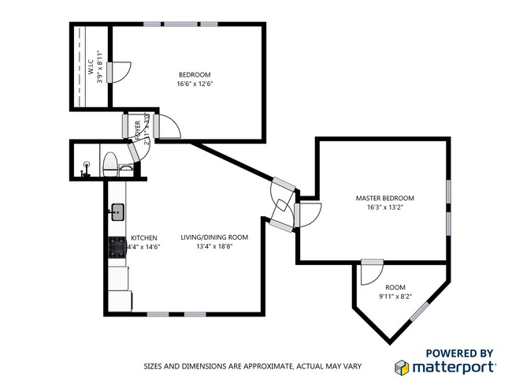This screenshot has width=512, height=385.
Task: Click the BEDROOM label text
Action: (x=193, y=75)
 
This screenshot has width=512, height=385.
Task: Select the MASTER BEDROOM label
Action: (x=384, y=198)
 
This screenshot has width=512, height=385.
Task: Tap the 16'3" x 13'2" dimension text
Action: (x=384, y=208)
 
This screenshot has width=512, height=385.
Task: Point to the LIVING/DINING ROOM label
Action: (x=214, y=237)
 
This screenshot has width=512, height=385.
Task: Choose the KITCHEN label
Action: (x=144, y=237)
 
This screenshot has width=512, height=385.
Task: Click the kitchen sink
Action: (x=117, y=211)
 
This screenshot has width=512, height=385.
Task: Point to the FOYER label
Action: (x=139, y=126)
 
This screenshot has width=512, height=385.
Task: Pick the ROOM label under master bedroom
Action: (x=395, y=287)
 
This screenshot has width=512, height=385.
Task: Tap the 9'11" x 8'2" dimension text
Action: (x=395, y=297)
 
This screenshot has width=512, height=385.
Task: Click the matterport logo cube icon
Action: (x=402, y=367)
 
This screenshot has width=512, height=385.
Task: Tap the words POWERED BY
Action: (x=460, y=353)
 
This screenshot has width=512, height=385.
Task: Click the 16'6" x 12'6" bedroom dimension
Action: (x=193, y=84)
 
